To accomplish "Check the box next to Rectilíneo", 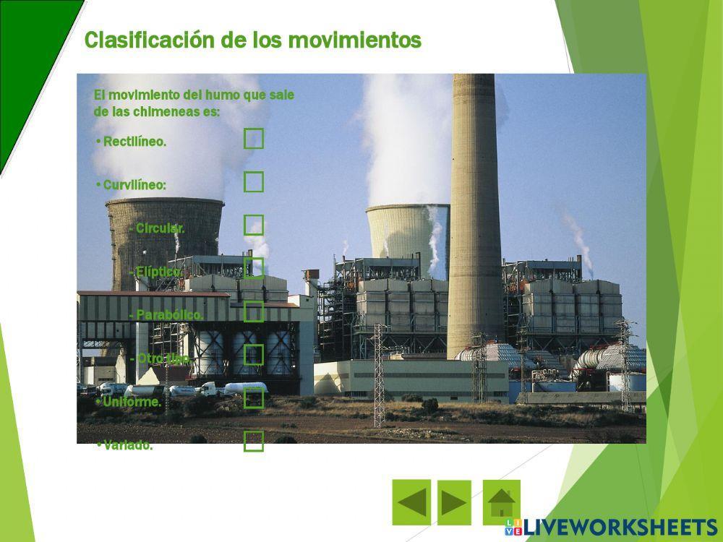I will tap(254, 138).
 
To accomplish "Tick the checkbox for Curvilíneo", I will tap(254, 181).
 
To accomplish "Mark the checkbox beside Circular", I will tap(254, 225).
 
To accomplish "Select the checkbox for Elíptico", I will tap(254, 268).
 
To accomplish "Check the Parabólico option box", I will tap(254, 311).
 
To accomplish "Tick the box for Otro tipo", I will tap(254, 355).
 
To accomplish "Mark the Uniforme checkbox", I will tap(254, 398).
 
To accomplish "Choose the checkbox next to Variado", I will tap(254, 442).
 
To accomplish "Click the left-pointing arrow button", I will tap(411, 502).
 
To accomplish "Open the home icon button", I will tap(501, 502).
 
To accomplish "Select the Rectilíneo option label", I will tap(134, 142).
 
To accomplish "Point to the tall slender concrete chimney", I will tap(474, 217).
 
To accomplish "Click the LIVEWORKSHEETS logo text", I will tap(620, 527).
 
